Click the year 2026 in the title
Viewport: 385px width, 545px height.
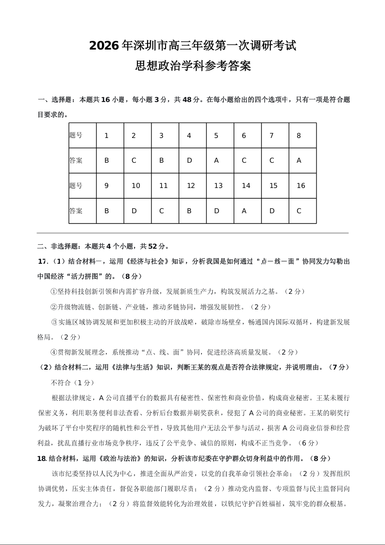104,46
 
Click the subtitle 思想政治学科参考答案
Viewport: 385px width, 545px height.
193,66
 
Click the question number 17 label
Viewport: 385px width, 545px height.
42,261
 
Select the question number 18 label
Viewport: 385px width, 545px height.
42,458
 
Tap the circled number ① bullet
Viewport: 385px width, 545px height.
54,291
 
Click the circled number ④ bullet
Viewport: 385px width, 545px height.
54,352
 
